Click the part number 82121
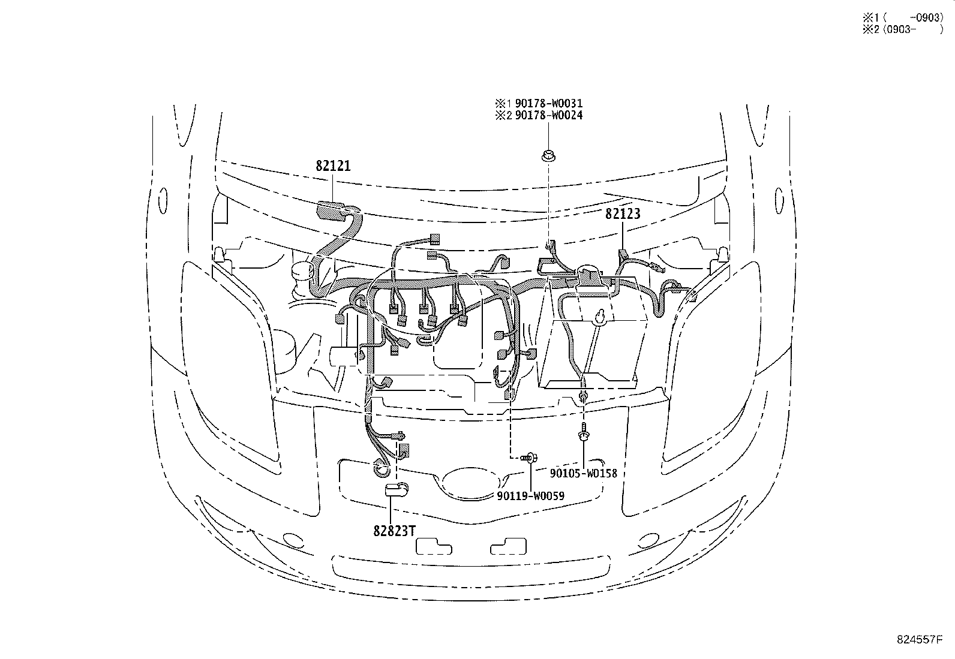(333, 166)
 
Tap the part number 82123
(623, 213)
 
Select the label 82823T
(394, 531)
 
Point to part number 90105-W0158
(583, 473)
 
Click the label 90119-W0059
(530, 496)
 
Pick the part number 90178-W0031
(549, 103)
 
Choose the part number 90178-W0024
(549, 115)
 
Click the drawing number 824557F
(920, 639)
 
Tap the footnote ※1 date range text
(903, 17)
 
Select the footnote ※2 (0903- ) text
(903, 29)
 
